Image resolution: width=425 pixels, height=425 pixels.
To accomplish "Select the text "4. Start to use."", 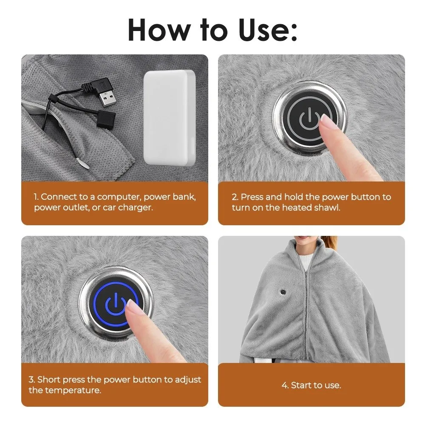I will click(x=311, y=385).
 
